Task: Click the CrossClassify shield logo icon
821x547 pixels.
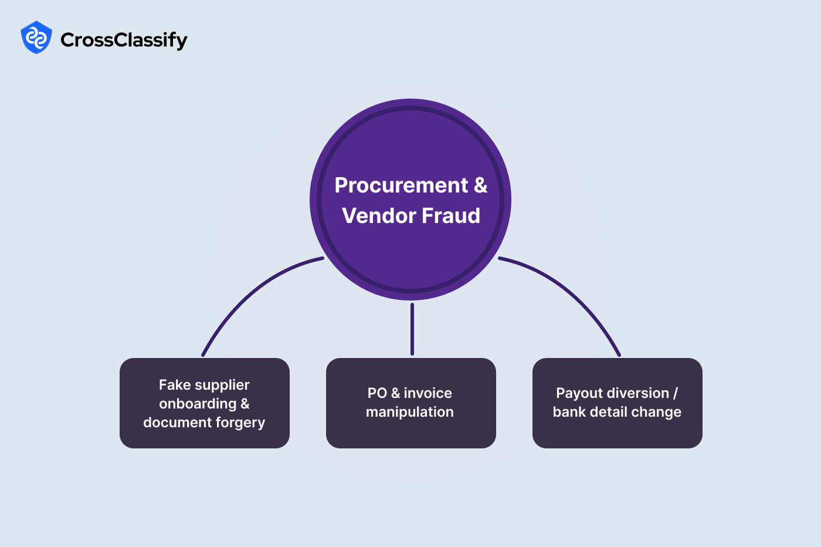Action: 36,38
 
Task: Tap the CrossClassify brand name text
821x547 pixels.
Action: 124,40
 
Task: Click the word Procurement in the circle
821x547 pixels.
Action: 401,185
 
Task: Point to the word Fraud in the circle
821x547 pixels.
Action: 451,216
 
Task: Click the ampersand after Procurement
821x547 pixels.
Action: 480,185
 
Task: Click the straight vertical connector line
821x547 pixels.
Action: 412,329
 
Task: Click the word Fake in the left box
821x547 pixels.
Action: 175,385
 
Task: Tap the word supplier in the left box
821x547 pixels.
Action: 222,385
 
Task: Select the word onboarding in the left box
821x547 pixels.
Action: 198,404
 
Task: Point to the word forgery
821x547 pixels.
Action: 240,423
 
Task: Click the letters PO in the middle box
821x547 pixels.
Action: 377,393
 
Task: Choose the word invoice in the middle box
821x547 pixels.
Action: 428,393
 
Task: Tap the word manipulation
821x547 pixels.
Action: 410,412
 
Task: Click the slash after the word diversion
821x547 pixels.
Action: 676,393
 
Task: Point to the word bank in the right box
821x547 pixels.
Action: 569,412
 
